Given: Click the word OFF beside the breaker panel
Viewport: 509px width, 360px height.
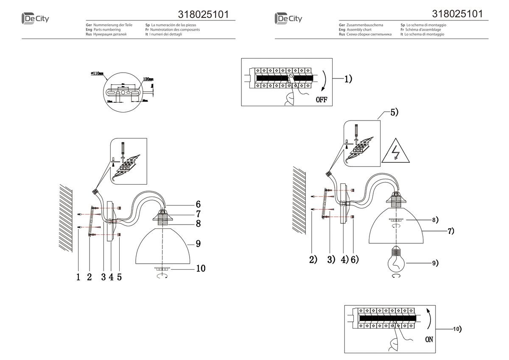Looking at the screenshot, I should [322, 100].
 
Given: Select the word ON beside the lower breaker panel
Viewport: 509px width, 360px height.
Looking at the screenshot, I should [429, 340].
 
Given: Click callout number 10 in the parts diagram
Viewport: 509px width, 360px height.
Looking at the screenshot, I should [201, 268].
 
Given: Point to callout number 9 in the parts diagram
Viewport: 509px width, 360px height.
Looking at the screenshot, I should [198, 244].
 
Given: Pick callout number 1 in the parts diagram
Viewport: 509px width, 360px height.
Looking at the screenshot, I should [78, 277].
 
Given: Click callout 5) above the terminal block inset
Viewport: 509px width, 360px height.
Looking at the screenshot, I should [394, 112].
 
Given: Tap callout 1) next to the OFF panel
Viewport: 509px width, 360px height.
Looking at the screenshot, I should [348, 79].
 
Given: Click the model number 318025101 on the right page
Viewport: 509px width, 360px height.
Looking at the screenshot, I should [457, 14].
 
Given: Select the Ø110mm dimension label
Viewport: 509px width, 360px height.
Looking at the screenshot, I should [98, 73].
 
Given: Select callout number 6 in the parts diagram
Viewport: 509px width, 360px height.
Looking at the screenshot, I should [198, 204].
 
